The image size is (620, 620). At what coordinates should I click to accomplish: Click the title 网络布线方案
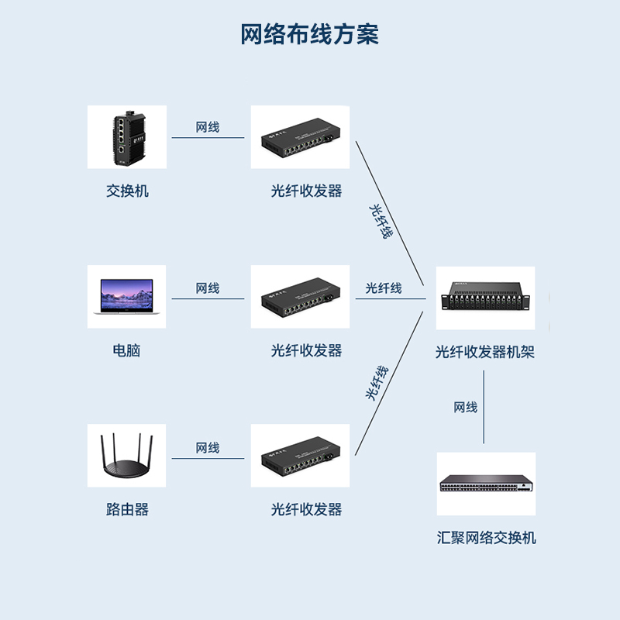[309, 35]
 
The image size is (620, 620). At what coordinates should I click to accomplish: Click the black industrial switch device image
[126, 137]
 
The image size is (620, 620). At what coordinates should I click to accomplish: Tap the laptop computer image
[126, 297]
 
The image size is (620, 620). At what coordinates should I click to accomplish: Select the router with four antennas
[126, 456]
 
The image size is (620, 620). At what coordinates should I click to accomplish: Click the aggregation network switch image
[485, 484]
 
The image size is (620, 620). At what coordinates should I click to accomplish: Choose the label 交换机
[127, 191]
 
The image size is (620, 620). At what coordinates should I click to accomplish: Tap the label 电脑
[127, 350]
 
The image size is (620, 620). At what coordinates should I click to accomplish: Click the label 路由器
[127, 509]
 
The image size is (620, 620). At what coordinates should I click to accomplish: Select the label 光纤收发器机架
[485, 353]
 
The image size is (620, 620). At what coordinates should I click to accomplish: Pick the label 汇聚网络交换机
[486, 538]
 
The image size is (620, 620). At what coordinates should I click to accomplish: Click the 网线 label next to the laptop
[207, 288]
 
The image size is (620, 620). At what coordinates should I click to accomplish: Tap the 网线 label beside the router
[207, 448]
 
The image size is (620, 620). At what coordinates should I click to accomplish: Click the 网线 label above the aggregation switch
[465, 407]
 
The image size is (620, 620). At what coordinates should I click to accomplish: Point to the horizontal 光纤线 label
[384, 288]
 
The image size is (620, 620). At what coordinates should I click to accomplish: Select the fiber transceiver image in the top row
[300, 137]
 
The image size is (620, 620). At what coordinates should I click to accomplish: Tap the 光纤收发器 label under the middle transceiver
[306, 350]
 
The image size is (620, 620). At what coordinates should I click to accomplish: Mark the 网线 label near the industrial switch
[207, 127]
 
